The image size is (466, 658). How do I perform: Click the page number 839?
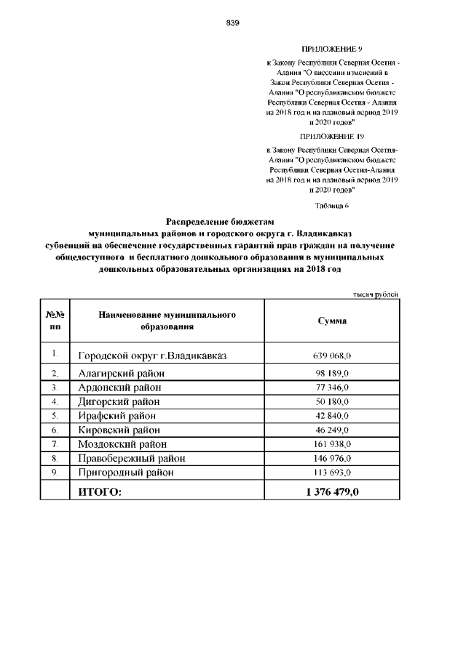pyautogui.click(x=233, y=23)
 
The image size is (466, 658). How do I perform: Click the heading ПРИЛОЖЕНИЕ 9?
pyautogui.click(x=331, y=49)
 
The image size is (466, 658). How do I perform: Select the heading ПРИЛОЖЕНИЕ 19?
pyautogui.click(x=331, y=135)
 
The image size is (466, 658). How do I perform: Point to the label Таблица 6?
pyautogui.click(x=331, y=205)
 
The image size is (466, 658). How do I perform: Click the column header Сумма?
pyautogui.click(x=332, y=321)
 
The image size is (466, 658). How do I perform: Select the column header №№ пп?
pyautogui.click(x=55, y=321)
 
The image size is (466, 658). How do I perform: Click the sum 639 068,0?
pyautogui.click(x=332, y=356)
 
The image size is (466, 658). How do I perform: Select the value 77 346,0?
pyautogui.click(x=332, y=388)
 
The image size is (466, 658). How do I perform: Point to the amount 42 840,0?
pyautogui.click(x=332, y=416)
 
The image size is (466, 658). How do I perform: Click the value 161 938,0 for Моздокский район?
pyautogui.click(x=332, y=444)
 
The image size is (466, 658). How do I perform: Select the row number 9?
pyautogui.click(x=55, y=473)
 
